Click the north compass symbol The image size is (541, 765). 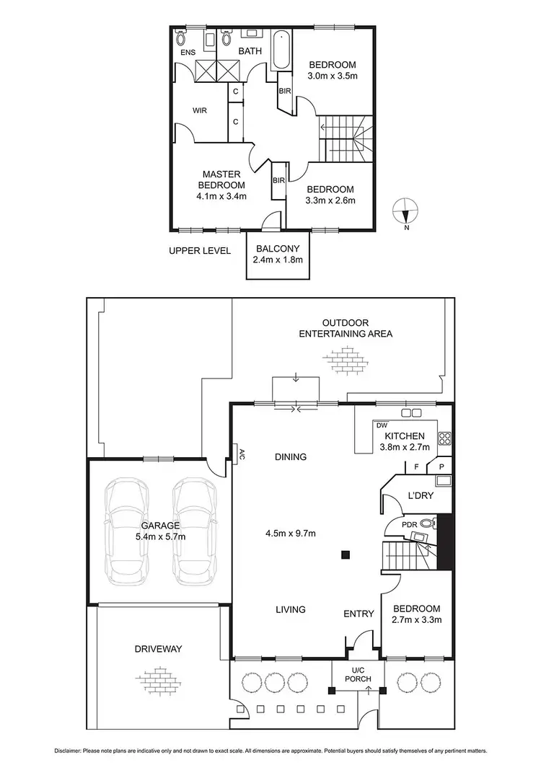point(405,213)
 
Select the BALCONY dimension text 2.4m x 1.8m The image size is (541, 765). point(278,260)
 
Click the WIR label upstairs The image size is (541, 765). point(200,111)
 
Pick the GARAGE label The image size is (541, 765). point(159,526)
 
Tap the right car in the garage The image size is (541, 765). point(193,526)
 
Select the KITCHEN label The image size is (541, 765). point(404,436)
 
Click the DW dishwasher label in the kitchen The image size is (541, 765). point(382,425)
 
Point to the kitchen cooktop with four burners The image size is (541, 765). point(444,436)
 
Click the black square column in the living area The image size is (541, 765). point(346,554)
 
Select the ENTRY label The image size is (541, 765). point(359,614)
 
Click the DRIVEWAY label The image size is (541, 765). point(157,649)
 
